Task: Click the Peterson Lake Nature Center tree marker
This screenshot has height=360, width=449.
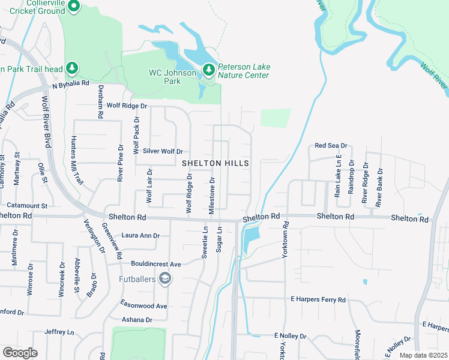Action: pyautogui.click(x=208, y=70)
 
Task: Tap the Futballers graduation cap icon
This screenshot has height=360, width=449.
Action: pyautogui.click(x=164, y=279)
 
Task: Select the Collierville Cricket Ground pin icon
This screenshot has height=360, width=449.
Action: pyautogui.click(x=74, y=7)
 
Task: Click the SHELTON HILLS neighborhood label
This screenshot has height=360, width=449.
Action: pyautogui.click(x=215, y=163)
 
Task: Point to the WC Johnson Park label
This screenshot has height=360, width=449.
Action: pyautogui.click(x=172, y=77)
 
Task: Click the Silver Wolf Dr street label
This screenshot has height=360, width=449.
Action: pyautogui.click(x=163, y=151)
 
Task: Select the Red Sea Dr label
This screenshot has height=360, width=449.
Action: pyautogui.click(x=331, y=146)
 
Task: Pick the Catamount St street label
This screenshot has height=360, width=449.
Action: pyautogui.click(x=24, y=205)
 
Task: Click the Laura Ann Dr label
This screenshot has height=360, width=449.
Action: pyautogui.click(x=140, y=236)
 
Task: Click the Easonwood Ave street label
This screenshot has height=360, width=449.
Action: pyautogui.click(x=144, y=306)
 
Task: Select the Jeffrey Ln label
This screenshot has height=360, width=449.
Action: pyautogui.click(x=59, y=332)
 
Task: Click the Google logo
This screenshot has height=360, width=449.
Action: pyautogui.click(x=20, y=352)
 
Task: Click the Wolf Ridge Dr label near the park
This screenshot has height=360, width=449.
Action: pyautogui.click(x=127, y=106)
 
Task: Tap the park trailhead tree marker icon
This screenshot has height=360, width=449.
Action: pyautogui.click(x=72, y=68)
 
